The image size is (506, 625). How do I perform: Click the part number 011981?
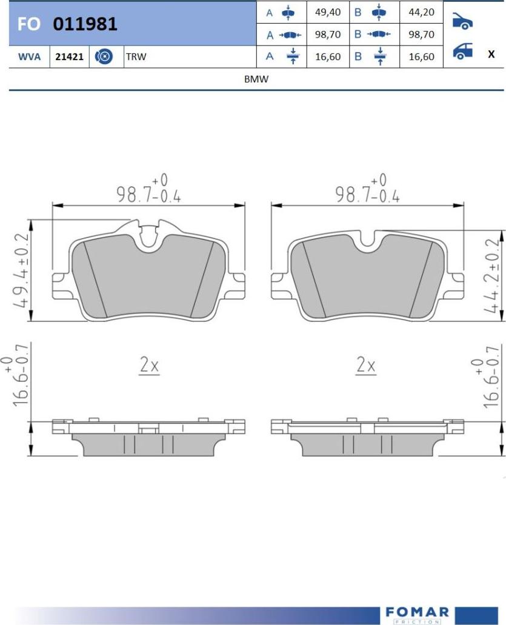coord(85,24)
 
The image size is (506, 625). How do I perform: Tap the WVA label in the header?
coord(29,56)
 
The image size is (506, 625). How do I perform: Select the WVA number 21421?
coord(69,56)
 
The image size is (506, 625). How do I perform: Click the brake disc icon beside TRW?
coord(104,56)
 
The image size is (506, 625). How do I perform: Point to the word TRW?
coord(136,56)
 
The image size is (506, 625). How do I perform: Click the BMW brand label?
coord(256,79)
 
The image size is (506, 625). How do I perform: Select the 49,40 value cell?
coord(328,12)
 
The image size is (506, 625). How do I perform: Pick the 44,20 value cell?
coord(422,12)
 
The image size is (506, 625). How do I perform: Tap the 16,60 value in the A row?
coord(328,56)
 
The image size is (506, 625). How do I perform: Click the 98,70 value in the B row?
coord(422,35)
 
